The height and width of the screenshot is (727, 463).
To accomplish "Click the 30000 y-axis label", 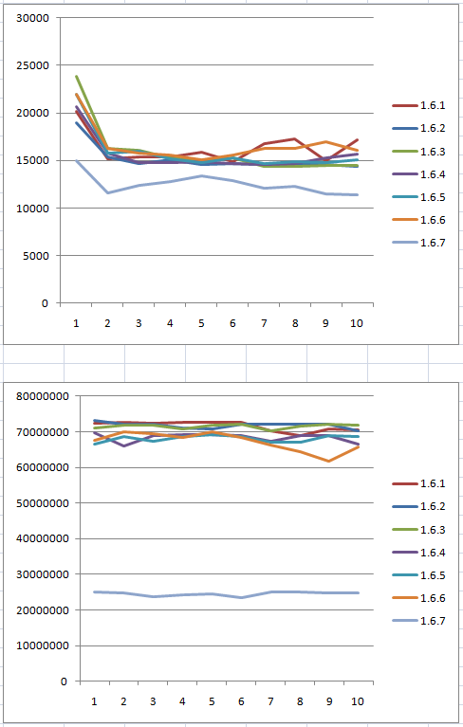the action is (32, 18).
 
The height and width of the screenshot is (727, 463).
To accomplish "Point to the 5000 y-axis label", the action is (35, 256).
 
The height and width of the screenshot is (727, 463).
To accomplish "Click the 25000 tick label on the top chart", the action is (32, 65).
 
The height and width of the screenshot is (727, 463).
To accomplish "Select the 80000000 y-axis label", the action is (43, 396).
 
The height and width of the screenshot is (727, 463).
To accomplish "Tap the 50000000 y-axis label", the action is (43, 503).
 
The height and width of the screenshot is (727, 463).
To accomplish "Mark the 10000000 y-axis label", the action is (43, 645).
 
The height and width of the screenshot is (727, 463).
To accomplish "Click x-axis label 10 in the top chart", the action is (357, 323).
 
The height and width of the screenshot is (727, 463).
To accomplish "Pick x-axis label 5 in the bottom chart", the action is (212, 701).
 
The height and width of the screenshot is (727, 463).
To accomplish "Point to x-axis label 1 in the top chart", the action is (76, 323).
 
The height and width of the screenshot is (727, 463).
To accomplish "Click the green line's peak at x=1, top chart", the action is (76, 77).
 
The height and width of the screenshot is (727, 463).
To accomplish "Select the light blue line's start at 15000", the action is (76, 160).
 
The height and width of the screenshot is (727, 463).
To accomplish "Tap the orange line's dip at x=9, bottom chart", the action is (329, 462).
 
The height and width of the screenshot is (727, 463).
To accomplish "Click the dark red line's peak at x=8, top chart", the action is (295, 138).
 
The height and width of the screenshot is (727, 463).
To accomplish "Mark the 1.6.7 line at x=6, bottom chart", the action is (241, 598).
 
